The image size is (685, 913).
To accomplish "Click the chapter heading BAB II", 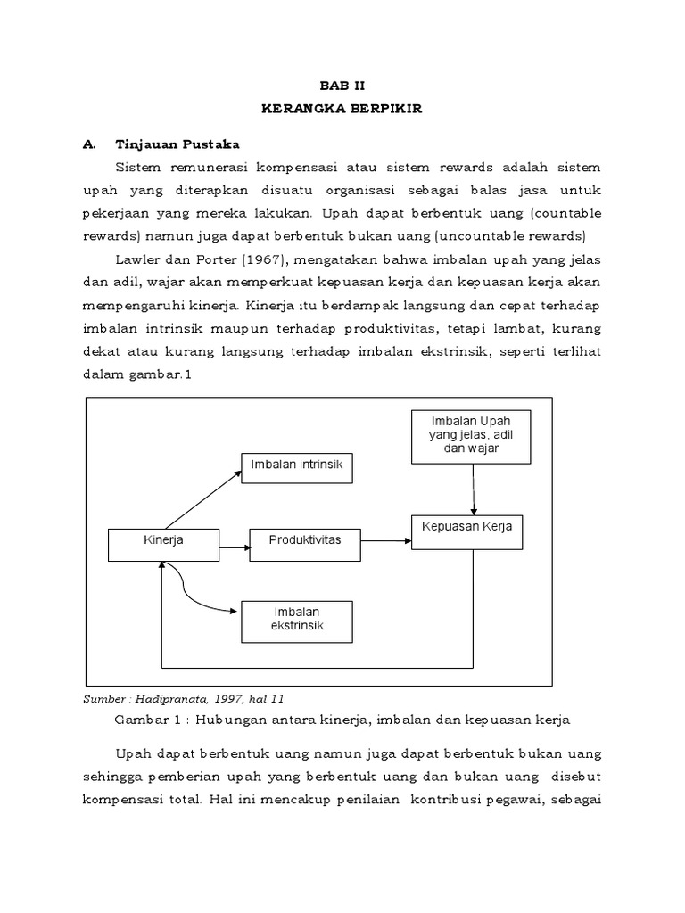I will pos(342,85).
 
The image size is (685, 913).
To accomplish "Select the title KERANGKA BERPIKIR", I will pos(342,108).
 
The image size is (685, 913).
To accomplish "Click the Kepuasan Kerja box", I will pos(466,531).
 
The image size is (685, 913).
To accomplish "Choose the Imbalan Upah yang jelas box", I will pos(472,437).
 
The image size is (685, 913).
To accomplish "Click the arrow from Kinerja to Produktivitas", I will pos(233,545).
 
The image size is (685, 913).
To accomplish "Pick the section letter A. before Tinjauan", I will pos(88,144).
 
